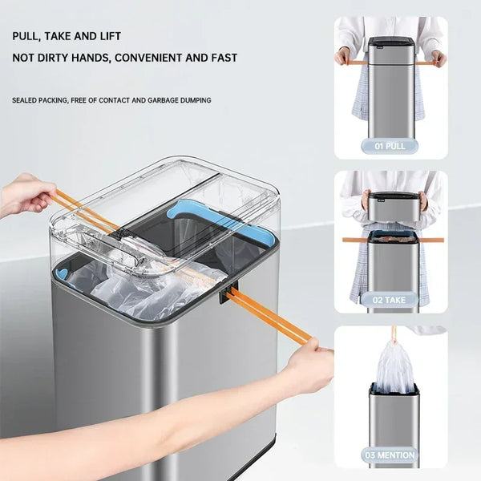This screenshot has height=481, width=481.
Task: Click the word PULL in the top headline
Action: pyautogui.click(x=26, y=36)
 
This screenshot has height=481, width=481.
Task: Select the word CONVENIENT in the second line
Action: pyautogui.click(x=152, y=58)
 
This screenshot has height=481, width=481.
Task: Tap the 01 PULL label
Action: pyautogui.click(x=390, y=146)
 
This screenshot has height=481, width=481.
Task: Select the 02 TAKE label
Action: pyautogui.click(x=390, y=300)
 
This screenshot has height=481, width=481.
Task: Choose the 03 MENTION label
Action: pyautogui.click(x=390, y=455)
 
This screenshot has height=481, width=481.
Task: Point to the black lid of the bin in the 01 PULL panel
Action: pyautogui.click(x=390, y=41)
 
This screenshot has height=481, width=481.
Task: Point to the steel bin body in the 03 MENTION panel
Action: pyautogui.click(x=393, y=417)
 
